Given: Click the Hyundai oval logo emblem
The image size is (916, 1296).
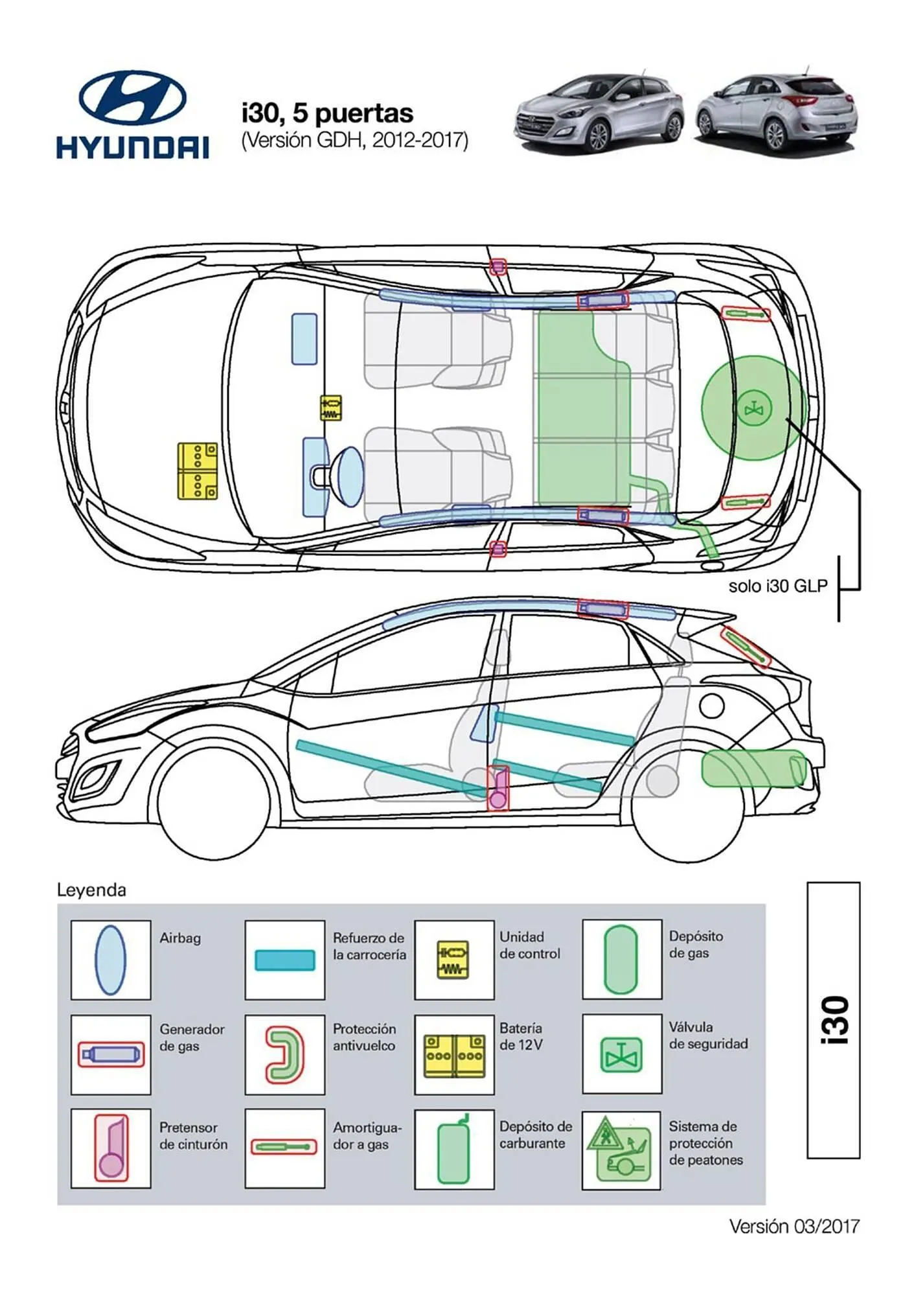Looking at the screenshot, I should [x=132, y=99].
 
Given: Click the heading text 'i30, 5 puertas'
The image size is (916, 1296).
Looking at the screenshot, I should [x=327, y=113].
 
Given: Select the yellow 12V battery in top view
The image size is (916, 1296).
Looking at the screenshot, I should [x=198, y=471].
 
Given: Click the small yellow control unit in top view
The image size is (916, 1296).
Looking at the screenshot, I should [x=331, y=408].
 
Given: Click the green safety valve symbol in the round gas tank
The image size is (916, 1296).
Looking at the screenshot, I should [x=753, y=410].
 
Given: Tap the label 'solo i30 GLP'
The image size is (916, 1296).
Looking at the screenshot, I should [x=777, y=586].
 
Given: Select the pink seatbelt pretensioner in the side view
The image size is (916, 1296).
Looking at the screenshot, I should [x=498, y=789].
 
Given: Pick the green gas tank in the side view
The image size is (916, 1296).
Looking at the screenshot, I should [x=753, y=769].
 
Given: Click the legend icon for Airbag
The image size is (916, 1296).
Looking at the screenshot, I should [x=110, y=960].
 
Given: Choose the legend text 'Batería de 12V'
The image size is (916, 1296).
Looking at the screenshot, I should [x=521, y=1036].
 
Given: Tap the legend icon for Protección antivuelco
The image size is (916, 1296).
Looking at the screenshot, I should [x=285, y=1054].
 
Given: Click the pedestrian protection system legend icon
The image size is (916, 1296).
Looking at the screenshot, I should [x=621, y=1150].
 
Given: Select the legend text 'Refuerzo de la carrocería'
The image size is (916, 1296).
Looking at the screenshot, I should [x=369, y=946].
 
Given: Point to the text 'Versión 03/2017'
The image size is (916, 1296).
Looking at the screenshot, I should [x=794, y=1226].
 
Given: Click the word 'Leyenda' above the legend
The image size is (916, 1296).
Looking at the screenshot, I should [x=91, y=890].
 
